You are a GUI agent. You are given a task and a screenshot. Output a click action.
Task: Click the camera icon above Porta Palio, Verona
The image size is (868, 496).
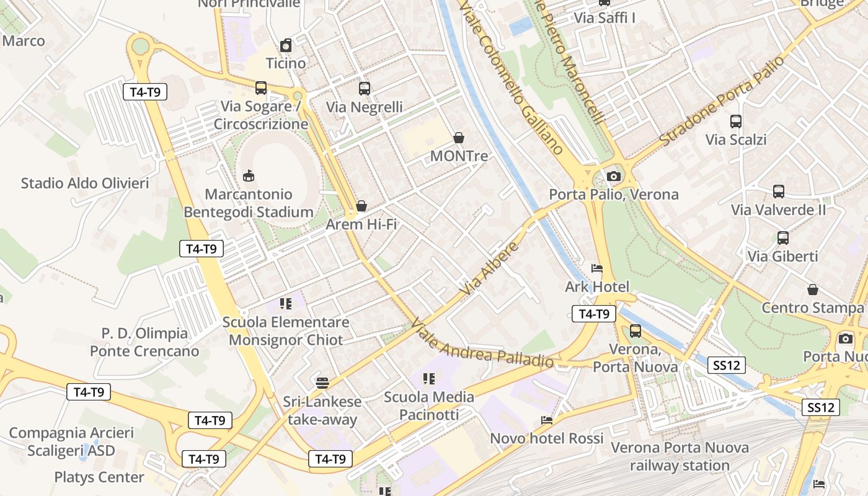pos(614,177)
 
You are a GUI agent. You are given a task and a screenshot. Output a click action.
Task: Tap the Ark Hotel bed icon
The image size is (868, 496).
pos(597,268)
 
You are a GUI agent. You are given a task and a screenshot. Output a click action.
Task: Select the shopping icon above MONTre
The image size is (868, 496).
pos(459,138)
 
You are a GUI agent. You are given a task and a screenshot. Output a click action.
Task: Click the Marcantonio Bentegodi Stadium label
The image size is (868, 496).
pos(249,203)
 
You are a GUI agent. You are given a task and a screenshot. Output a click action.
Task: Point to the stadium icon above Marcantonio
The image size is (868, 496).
pos(249,177)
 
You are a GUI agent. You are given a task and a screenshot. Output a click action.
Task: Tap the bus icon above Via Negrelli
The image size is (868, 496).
pos(365,89)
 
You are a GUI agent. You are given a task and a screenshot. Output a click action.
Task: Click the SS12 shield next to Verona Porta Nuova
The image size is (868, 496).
pos(727,365)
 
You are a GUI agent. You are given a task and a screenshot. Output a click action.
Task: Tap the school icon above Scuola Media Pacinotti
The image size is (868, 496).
pos(428,379)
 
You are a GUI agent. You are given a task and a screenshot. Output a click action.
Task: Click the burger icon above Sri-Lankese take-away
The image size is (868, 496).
pos(322,383)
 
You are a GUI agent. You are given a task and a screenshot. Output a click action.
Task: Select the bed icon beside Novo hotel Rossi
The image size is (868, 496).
pos(546,420)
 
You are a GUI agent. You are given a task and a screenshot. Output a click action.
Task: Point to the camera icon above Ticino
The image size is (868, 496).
pos(286,45)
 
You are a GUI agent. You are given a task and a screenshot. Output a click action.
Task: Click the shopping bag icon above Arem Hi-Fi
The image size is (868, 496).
pos(361,206)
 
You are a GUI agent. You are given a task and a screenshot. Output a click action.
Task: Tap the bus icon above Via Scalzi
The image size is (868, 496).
pos(736,122)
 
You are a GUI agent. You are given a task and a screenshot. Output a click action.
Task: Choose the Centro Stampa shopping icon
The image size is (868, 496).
pos(812,290)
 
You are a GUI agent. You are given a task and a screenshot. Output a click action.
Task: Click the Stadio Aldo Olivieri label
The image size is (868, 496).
pos(85,184)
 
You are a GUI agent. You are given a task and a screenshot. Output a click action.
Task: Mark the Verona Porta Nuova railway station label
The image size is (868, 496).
pos(680,456)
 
